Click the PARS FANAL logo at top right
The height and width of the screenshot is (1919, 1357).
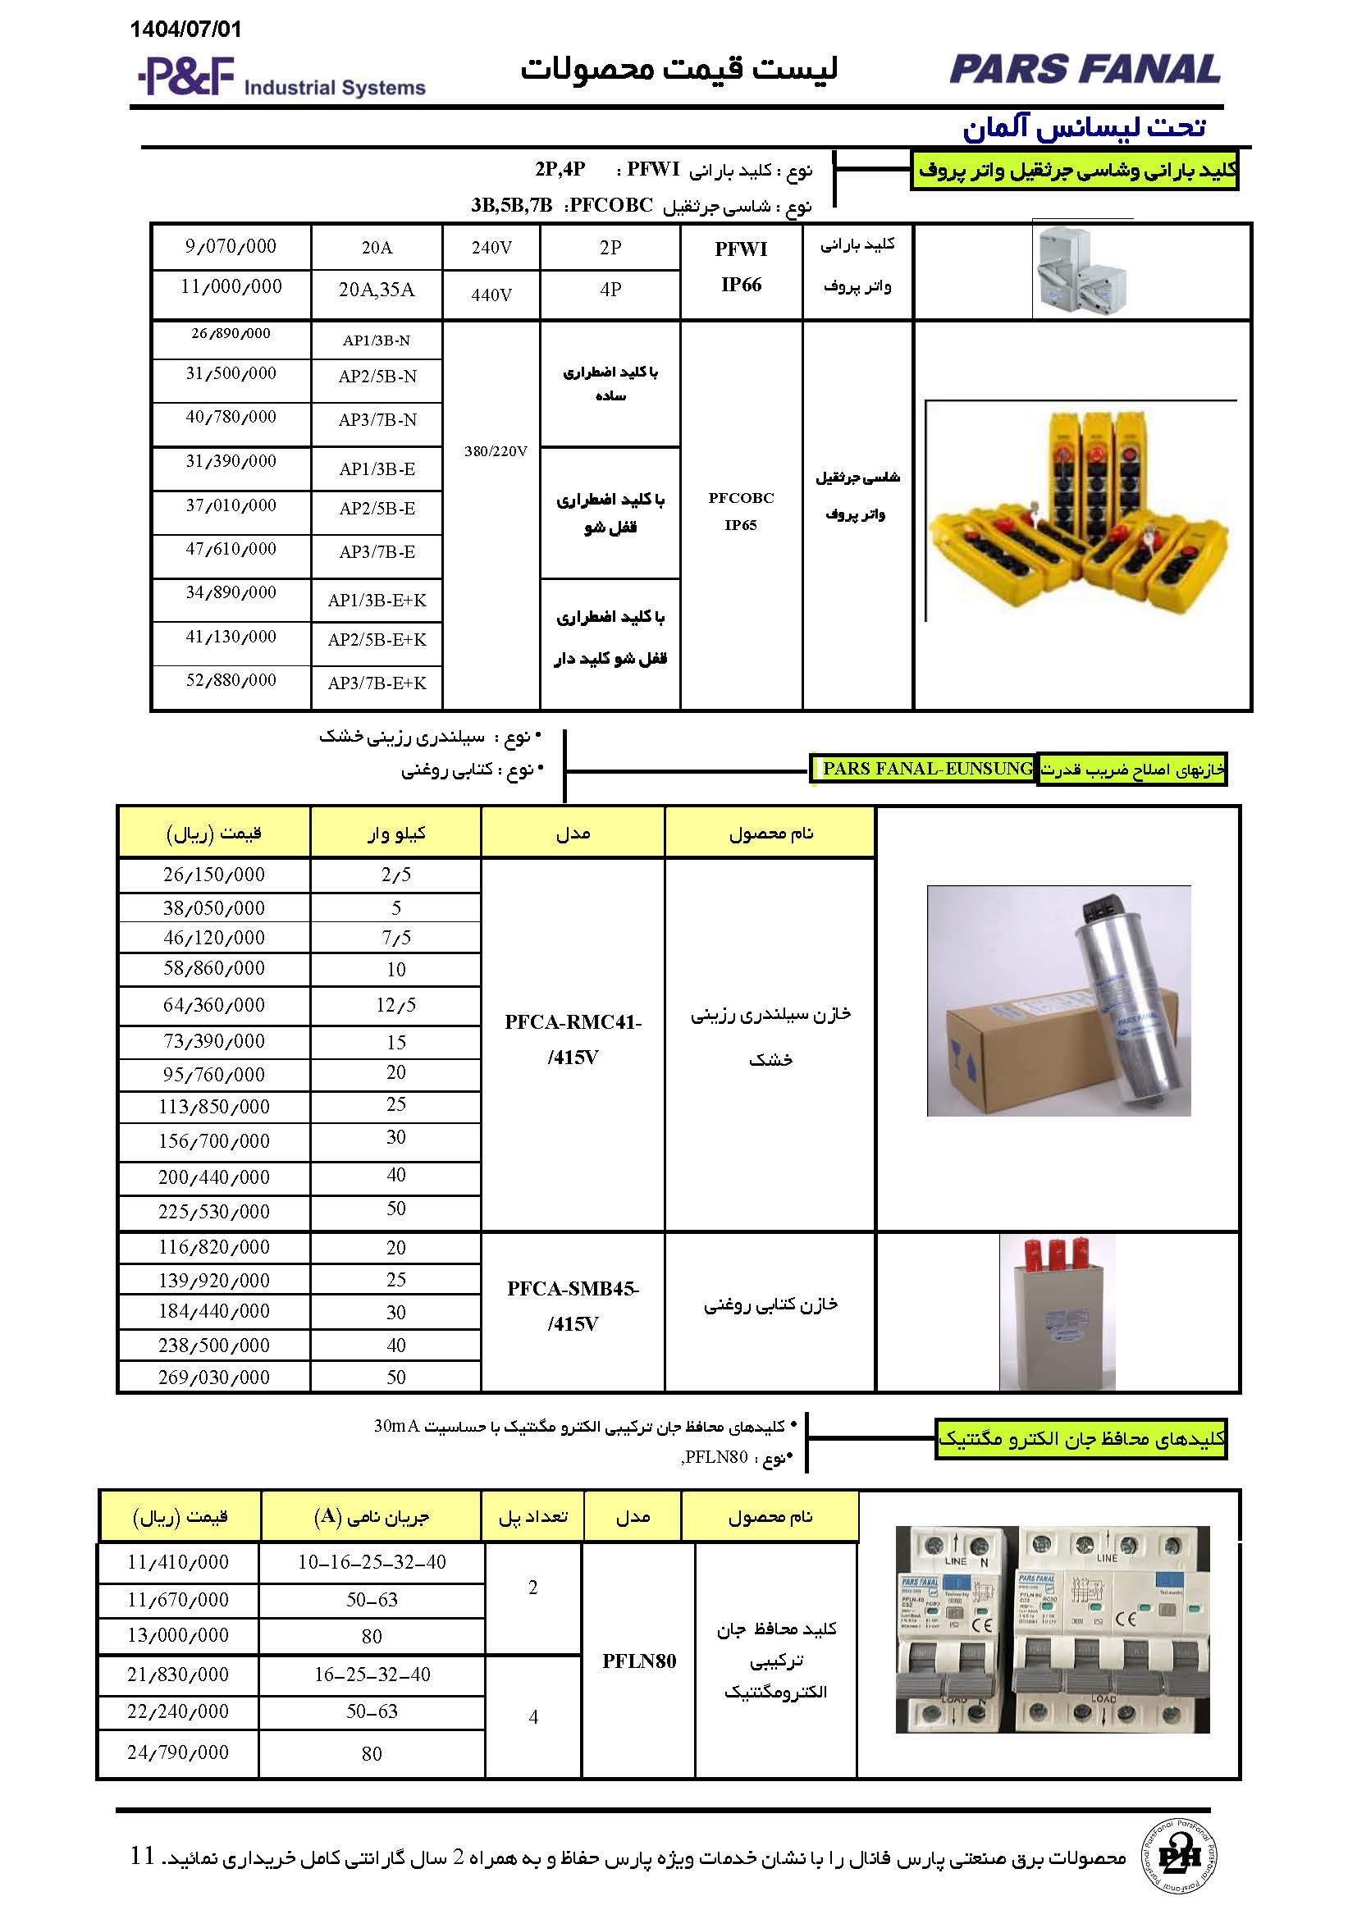coord(1084,69)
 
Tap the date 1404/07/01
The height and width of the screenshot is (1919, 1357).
coord(185,30)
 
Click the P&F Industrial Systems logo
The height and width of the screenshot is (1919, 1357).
coord(281,78)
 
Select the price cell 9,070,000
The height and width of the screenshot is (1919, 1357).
coord(231,247)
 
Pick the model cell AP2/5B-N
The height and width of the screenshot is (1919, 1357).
coord(377,377)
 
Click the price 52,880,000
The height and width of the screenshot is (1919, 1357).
coord(231,680)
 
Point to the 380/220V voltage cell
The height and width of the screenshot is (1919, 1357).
coord(496,451)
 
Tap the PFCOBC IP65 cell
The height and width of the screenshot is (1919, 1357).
coord(740,510)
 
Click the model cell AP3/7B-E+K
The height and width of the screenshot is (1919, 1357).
coord(377,683)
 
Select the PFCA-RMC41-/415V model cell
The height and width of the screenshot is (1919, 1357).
coord(573,1039)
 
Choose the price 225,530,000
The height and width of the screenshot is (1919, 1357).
coord(214,1212)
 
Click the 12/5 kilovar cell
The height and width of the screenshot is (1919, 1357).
coord(395,1006)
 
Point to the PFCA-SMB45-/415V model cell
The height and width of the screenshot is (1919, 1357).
coord(573,1305)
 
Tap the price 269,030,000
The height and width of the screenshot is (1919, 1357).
coord(214,1378)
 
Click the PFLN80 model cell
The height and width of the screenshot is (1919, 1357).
coord(639,1661)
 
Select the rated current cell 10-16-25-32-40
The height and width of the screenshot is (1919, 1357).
coord(372,1562)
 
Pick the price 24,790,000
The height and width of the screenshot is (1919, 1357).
coord(177,1752)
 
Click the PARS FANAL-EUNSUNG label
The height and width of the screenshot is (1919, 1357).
coord(926,769)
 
